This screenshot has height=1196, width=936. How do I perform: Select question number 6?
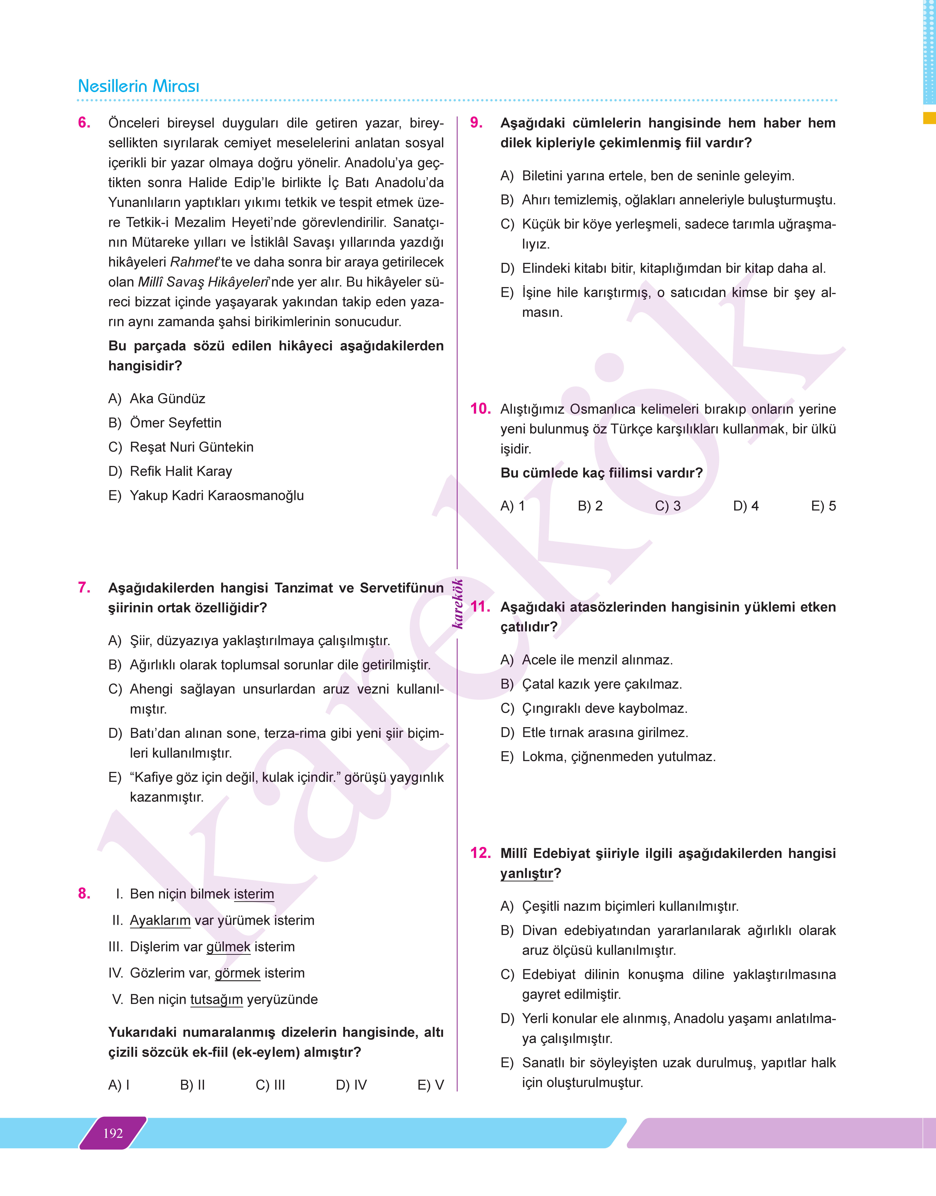(84, 123)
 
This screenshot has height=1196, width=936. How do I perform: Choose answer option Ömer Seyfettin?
(175, 423)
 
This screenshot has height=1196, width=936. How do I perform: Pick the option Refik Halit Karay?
(181, 471)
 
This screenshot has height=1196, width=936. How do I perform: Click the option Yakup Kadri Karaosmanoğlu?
(216, 495)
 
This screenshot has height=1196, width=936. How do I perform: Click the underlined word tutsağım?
(216, 999)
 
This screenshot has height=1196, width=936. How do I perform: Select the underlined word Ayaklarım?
(160, 920)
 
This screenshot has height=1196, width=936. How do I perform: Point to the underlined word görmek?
(237, 973)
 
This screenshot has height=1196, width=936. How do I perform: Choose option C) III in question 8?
(270, 1085)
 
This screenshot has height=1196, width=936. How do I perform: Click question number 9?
(476, 123)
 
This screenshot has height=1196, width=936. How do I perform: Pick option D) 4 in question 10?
(746, 506)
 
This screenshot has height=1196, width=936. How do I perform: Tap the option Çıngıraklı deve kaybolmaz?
(604, 708)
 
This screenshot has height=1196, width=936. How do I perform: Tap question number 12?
(480, 853)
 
